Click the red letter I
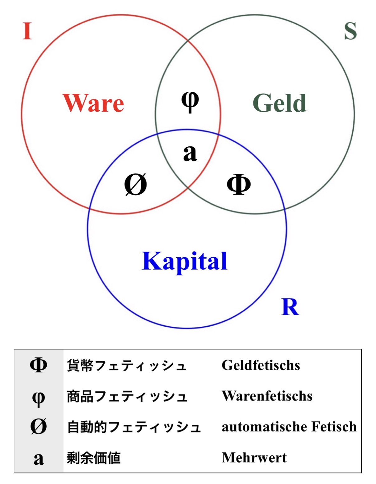(27, 31)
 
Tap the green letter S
(350, 31)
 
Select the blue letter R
(290, 307)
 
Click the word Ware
(93, 103)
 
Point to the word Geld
(280, 103)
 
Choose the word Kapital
(185, 261)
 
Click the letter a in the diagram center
(190, 153)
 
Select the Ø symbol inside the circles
(135, 184)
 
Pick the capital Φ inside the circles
(239, 184)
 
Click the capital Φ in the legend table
(39, 365)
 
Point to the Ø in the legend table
(39, 426)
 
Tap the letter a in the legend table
(39, 458)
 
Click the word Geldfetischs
(261, 365)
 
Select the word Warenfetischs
(267, 396)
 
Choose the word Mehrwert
(254, 458)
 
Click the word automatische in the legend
(264, 427)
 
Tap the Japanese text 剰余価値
(94, 458)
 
